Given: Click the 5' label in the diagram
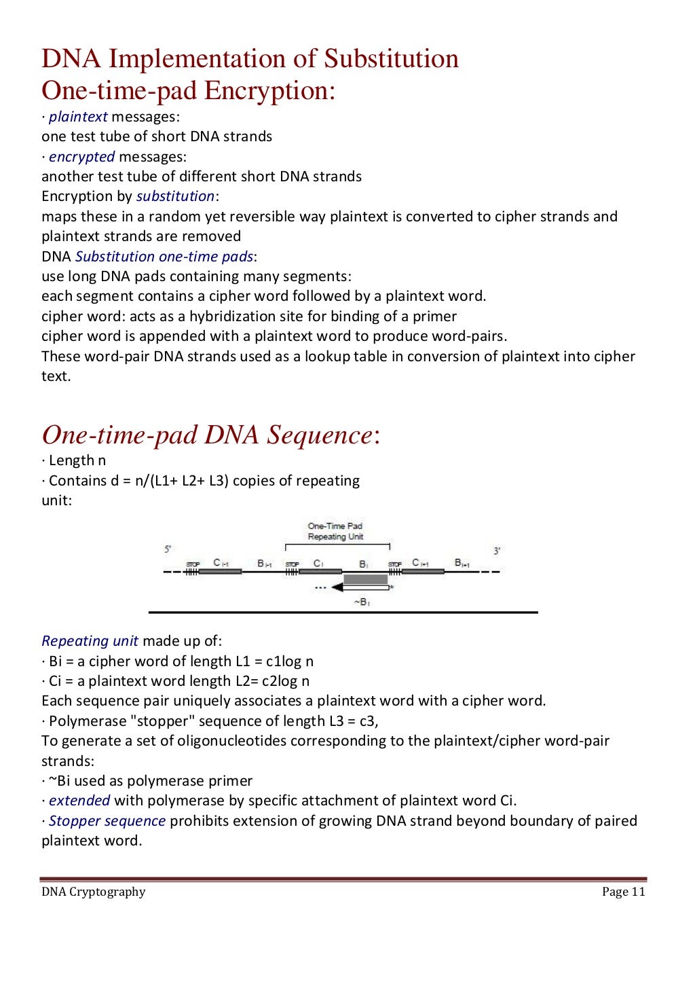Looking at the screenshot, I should (x=168, y=549).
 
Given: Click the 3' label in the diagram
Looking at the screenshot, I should (x=497, y=551).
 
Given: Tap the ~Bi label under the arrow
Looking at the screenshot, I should (x=362, y=602).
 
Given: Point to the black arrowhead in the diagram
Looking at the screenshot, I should (x=337, y=587).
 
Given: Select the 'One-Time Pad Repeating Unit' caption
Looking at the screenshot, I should (x=335, y=531).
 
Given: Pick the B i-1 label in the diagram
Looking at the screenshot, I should (x=265, y=564).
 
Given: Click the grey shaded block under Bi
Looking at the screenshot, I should (x=365, y=579).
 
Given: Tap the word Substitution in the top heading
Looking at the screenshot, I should (x=391, y=58).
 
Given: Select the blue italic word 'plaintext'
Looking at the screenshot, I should (x=78, y=117).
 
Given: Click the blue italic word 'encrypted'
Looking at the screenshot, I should (x=81, y=157).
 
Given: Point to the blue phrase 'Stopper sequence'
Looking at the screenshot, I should (x=107, y=821).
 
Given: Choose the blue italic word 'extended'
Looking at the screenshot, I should (x=79, y=801).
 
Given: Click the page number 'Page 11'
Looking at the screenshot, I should (x=623, y=892).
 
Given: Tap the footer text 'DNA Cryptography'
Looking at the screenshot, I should (x=94, y=892).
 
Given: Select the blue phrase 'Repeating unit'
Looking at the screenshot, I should (x=90, y=641).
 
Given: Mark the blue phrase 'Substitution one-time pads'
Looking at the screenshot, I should (x=164, y=257).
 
